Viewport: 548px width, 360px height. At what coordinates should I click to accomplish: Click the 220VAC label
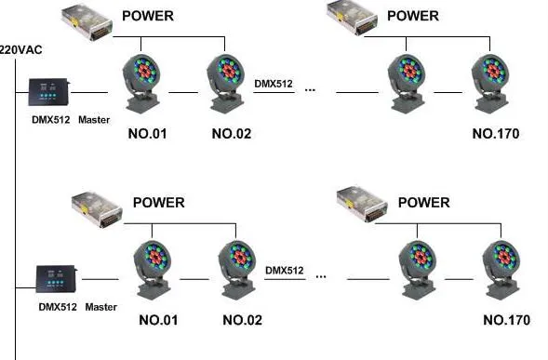21,49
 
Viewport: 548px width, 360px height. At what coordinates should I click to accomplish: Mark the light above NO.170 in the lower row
502,264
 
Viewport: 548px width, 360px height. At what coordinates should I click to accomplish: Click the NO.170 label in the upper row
495,134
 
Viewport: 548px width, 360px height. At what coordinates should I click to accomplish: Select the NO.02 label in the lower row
242,321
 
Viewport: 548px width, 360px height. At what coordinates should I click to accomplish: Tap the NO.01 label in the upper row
146,134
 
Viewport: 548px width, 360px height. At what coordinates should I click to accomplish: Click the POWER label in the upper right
412,16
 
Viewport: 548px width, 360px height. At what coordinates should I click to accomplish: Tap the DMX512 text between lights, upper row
274,84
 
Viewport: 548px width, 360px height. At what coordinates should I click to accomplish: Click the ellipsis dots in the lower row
321,276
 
